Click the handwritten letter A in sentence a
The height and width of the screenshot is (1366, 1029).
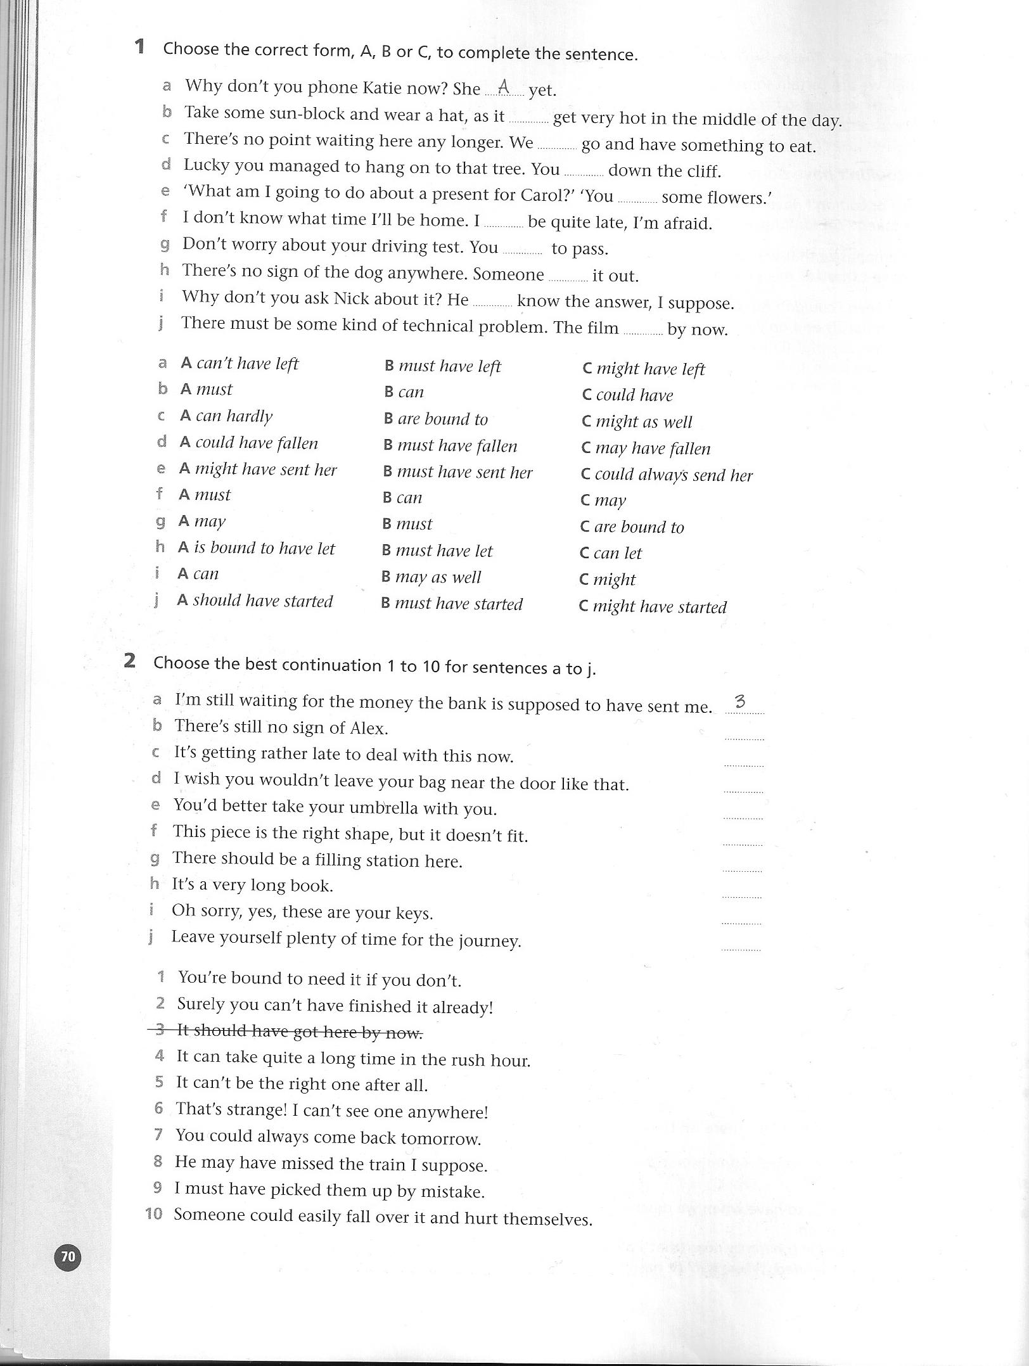pos(504,87)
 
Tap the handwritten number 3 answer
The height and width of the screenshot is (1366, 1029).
pos(739,702)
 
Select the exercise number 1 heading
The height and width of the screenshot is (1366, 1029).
pos(140,47)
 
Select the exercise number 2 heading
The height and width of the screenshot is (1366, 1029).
pos(130,661)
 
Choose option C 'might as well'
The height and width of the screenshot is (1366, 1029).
pos(637,421)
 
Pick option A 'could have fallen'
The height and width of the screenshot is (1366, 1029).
pos(249,442)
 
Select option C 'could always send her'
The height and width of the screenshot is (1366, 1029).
pos(667,475)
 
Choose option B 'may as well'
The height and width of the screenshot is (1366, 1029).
pos(431,577)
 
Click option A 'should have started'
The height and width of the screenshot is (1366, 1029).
pos(255,600)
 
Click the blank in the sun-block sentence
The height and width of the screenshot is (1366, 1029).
pos(528,119)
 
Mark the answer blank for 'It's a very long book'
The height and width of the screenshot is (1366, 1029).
pos(742,895)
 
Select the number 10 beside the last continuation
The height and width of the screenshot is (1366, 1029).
pos(154,1214)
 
